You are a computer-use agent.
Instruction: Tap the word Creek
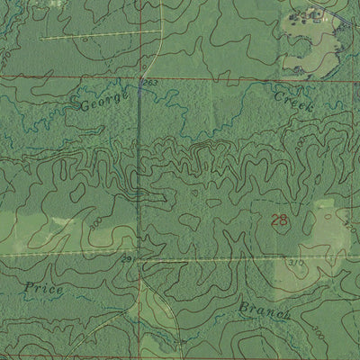[x=292, y=99]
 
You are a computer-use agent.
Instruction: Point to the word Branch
[x=264, y=310]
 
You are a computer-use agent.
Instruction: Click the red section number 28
[x=280, y=220]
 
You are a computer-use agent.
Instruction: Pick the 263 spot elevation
[x=149, y=82]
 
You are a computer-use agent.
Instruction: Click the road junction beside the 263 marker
[x=140, y=79]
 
